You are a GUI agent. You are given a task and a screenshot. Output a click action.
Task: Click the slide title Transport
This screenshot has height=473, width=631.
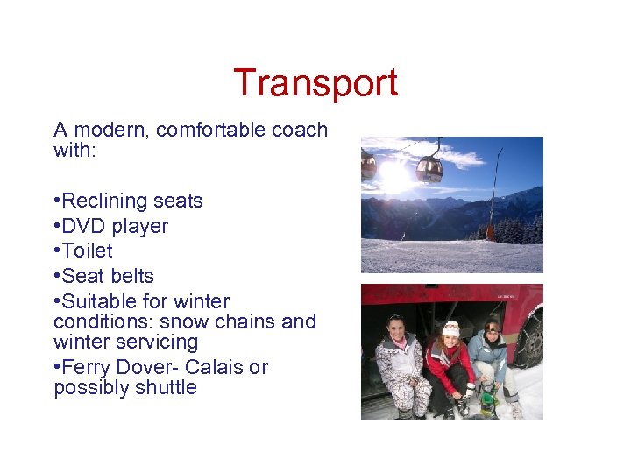coord(315,83)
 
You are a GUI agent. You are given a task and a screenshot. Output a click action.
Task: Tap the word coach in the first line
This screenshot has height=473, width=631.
coord(297,131)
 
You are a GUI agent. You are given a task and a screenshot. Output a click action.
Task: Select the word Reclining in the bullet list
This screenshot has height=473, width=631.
coord(105,201)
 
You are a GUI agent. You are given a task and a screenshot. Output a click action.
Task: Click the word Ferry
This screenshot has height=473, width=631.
coord(88,367)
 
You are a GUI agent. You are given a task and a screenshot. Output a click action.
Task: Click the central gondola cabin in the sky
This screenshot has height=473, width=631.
coord(429,168)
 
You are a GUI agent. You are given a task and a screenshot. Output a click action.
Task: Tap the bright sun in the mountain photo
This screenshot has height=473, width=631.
coord(394,178)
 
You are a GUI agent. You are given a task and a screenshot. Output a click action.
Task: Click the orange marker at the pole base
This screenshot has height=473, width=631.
coord(490,233)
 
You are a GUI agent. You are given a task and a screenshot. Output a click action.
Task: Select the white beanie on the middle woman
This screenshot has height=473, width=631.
coord(451,328)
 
